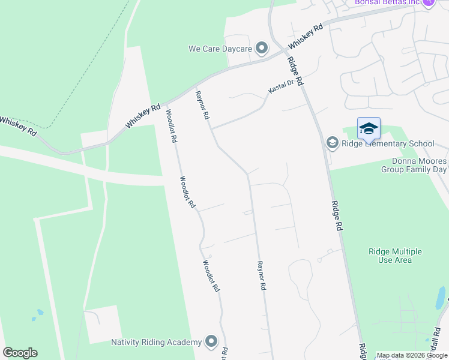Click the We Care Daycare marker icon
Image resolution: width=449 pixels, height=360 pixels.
coord(261,47)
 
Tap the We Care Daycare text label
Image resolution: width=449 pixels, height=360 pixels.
coord(220,48)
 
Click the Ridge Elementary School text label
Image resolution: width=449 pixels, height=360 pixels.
coord(387,143)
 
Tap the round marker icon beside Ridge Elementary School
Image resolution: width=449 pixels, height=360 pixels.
coord(332,143)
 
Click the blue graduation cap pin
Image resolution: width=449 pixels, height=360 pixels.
coord(369,128)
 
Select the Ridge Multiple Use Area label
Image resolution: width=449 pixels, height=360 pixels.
coord(394,256)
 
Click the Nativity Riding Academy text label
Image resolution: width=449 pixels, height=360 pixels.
coord(156,342)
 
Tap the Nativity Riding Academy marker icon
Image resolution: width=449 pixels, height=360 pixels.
coord(211,342)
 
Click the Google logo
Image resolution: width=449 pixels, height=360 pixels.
coord(20,353)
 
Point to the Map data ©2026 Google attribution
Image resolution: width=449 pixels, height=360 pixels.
coord(412,355)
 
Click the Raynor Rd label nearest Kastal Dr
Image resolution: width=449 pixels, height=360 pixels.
coord(202,104)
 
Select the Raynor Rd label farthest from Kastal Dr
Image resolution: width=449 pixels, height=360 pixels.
coord(261,275)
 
